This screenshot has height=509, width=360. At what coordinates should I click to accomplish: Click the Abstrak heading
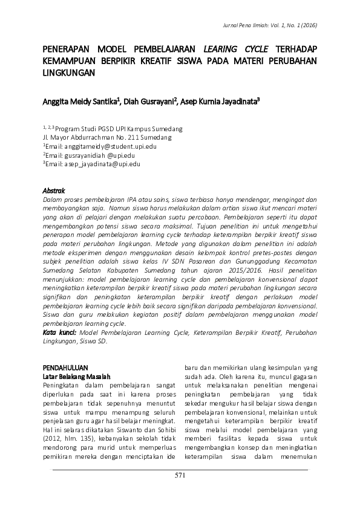click(54, 189)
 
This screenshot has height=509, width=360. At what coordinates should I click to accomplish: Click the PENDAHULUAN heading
click(66, 367)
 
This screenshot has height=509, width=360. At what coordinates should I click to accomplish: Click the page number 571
click(180, 476)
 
